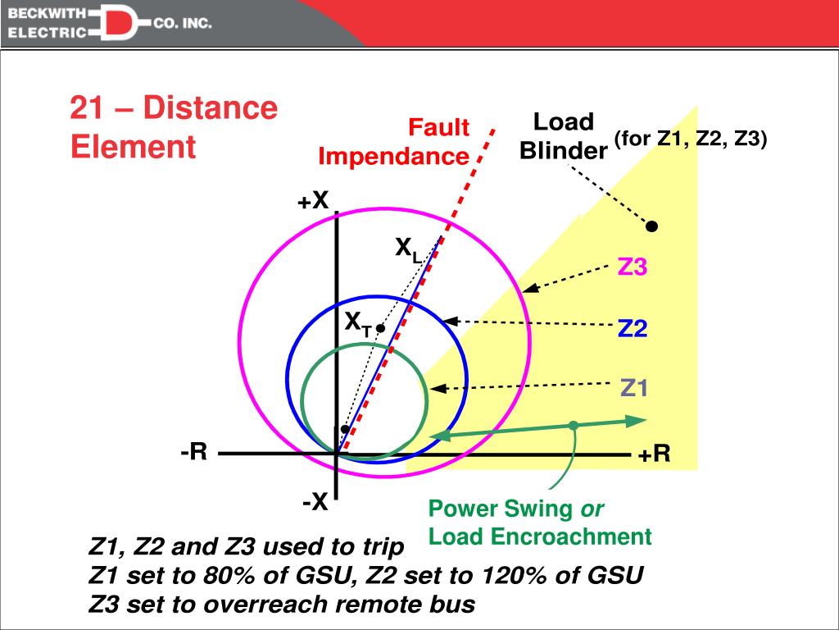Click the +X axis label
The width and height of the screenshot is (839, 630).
[x=313, y=199]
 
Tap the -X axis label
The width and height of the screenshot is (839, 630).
[x=315, y=502]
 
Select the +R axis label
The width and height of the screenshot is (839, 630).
[x=655, y=454]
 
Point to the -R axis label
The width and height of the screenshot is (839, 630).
[x=194, y=452]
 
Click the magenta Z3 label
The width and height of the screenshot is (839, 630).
[x=633, y=267]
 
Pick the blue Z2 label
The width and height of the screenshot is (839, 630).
[x=633, y=329]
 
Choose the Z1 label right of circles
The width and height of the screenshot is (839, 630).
[x=633, y=387]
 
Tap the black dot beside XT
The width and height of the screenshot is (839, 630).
[x=381, y=327]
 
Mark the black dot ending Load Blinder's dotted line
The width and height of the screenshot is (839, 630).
[x=653, y=226]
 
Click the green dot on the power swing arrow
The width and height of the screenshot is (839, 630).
[x=574, y=425]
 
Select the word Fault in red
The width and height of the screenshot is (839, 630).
[x=439, y=128]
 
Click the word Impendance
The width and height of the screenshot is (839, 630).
[x=393, y=156]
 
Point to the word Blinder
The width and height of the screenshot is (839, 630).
[x=563, y=151]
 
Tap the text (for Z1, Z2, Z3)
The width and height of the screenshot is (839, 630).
[x=691, y=139]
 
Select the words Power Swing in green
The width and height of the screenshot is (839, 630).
[x=501, y=509]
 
